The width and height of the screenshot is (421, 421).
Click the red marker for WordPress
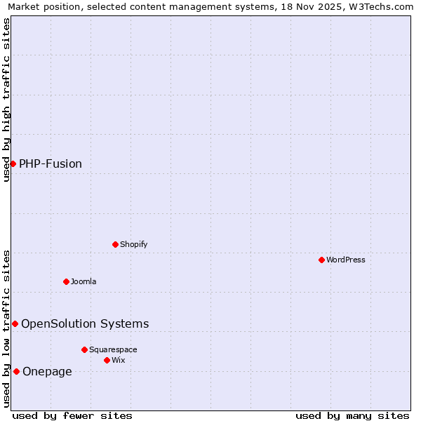point(321,260)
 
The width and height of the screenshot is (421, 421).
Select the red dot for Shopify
point(115,244)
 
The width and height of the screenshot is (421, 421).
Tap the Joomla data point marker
point(66,281)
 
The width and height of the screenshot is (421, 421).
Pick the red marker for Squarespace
point(84,349)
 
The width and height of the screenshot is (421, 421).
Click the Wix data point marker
point(107,360)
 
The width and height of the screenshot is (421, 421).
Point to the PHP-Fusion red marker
point(13,163)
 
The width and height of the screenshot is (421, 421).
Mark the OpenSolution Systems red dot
point(15,323)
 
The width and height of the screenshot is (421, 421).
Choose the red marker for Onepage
point(16,371)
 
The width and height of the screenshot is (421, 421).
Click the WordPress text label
point(346,260)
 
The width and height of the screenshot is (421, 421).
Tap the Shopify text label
point(133,244)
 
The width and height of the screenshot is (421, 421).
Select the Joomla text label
point(83,281)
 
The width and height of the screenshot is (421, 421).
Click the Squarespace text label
point(113,349)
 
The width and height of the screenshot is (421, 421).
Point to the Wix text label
point(119,360)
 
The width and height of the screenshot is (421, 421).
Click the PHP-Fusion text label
point(51,163)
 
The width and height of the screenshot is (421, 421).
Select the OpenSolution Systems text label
point(85,323)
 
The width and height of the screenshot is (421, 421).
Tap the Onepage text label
point(47,371)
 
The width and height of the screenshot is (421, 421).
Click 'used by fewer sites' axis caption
point(72,415)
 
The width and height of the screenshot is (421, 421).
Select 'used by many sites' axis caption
point(352,415)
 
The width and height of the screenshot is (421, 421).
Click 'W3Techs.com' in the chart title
point(382,7)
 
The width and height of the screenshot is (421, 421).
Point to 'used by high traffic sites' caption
point(7,100)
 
